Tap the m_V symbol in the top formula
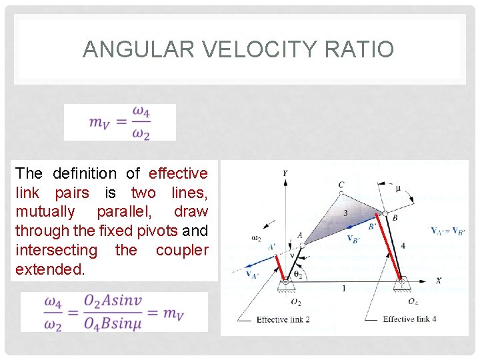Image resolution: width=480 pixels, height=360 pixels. pyautogui.click(x=100, y=123)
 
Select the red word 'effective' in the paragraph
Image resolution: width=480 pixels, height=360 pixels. pyautogui.click(x=178, y=173)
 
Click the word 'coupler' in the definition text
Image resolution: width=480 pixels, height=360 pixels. pyautogui.click(x=182, y=250)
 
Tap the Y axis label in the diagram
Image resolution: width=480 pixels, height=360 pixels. pyautogui.click(x=285, y=173)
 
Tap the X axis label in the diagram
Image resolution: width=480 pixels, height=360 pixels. pyautogui.click(x=438, y=281)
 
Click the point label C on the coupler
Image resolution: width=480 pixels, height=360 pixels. pyautogui.click(x=341, y=185)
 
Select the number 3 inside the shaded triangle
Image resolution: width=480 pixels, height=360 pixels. pyautogui.click(x=345, y=213)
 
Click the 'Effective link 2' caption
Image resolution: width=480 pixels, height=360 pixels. pyautogui.click(x=283, y=319)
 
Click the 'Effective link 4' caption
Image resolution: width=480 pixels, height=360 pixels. pyautogui.click(x=409, y=319)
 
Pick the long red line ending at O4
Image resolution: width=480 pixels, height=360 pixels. pyautogui.click(x=393, y=247)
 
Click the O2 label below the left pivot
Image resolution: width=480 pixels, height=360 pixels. pyautogui.click(x=295, y=301)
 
